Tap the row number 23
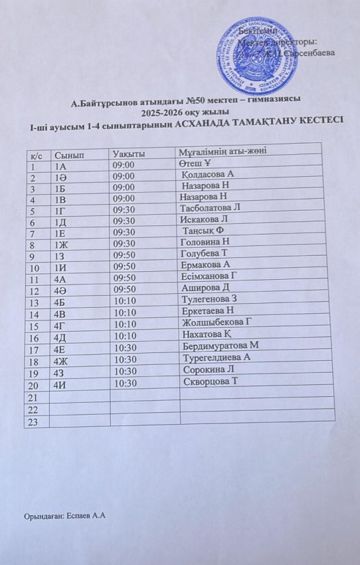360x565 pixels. (32, 421)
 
